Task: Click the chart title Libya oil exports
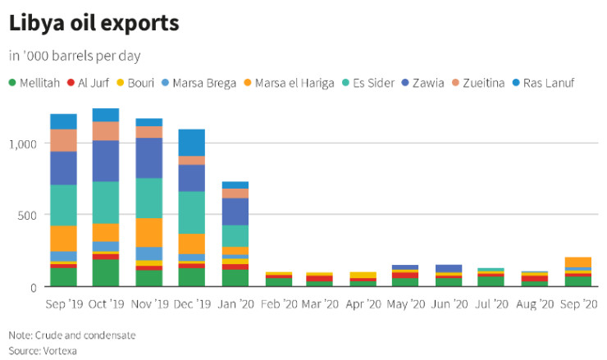click(94, 23)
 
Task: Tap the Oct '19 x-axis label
click(106, 303)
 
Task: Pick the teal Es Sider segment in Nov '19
click(148, 198)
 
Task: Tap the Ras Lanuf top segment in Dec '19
click(191, 142)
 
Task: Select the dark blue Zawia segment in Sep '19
click(63, 168)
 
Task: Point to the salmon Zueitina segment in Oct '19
click(106, 130)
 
